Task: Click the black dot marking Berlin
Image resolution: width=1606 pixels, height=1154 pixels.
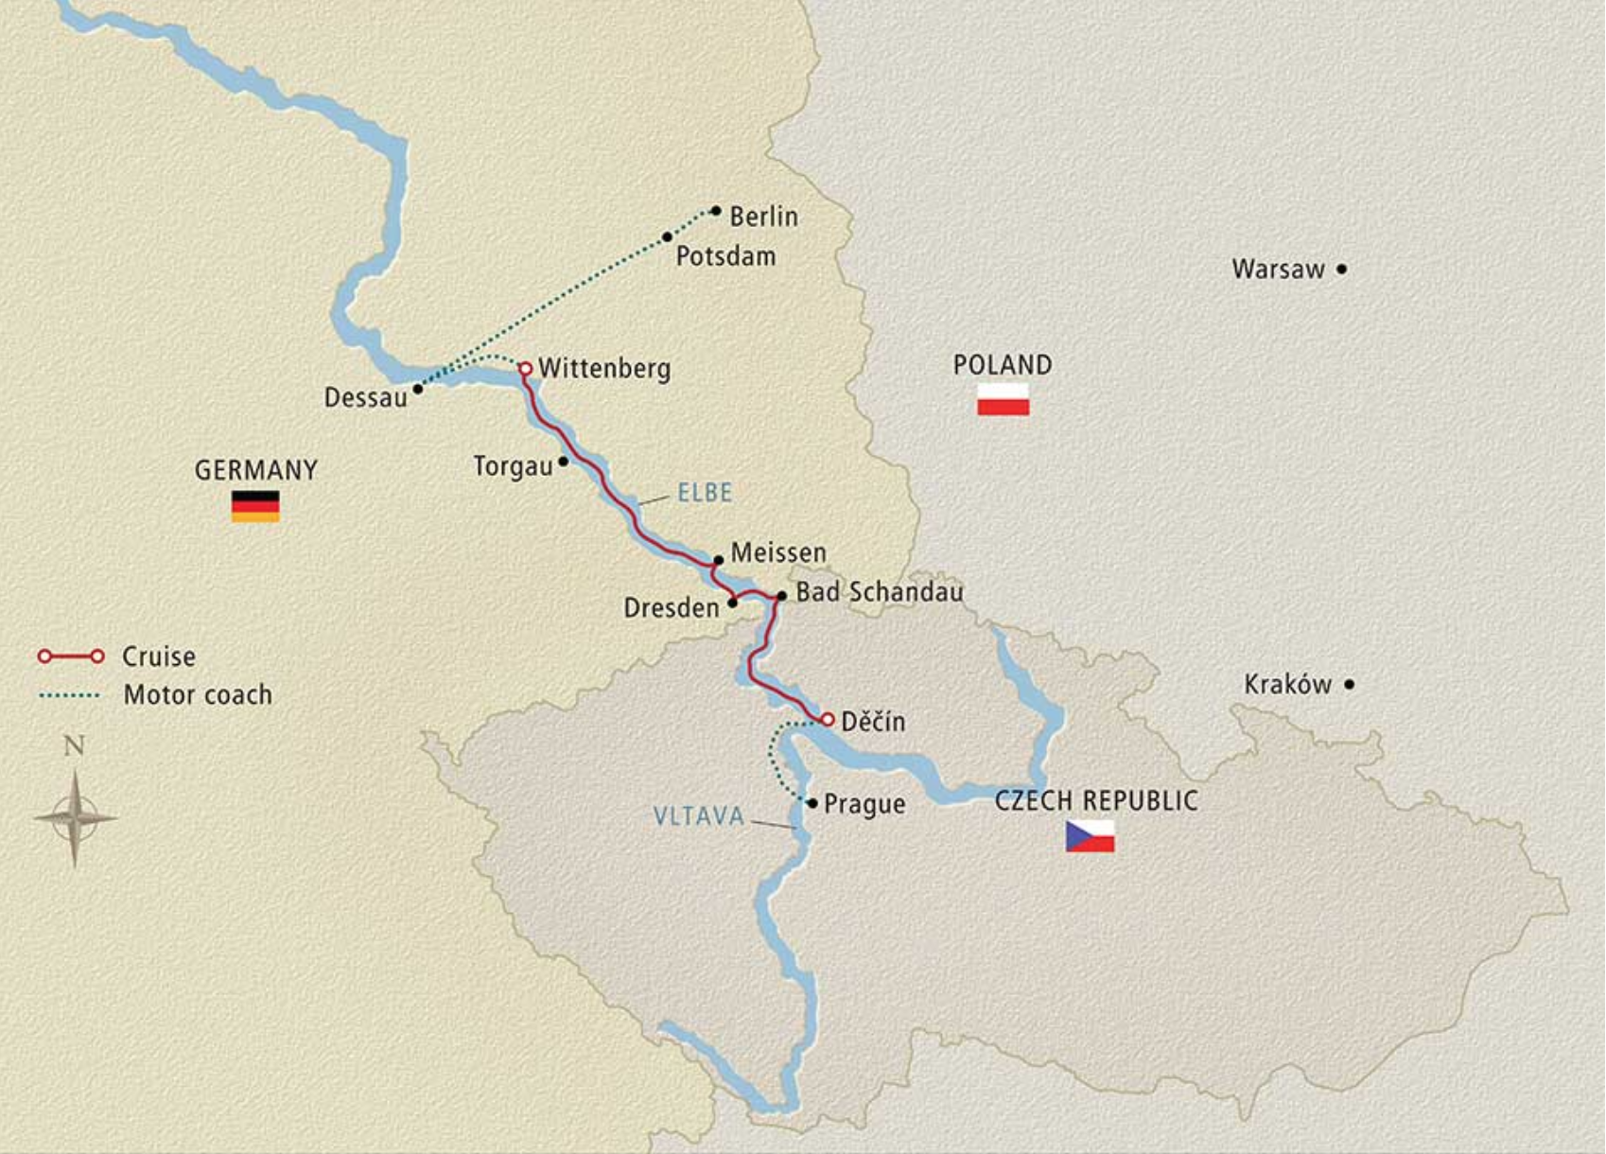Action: pyautogui.click(x=716, y=211)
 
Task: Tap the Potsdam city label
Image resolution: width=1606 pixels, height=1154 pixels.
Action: pyautogui.click(x=725, y=256)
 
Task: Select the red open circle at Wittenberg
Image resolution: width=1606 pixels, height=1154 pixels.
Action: pyautogui.click(x=525, y=368)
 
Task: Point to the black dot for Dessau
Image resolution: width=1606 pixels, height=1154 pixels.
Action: pyautogui.click(x=417, y=389)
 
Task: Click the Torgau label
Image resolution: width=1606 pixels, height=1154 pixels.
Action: pyautogui.click(x=513, y=466)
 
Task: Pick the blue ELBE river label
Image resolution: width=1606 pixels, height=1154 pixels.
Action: pyautogui.click(x=705, y=493)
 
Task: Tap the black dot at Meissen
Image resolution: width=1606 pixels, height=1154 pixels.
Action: pyautogui.click(x=719, y=560)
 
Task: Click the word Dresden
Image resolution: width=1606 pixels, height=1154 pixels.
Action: pyautogui.click(x=672, y=608)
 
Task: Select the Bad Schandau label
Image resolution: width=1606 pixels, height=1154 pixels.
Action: pyautogui.click(x=880, y=592)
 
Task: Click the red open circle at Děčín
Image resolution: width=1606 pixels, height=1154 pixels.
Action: pyautogui.click(x=828, y=720)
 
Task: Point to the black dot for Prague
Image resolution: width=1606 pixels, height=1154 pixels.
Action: pyautogui.click(x=812, y=803)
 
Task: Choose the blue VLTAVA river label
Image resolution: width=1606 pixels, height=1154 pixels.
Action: pyautogui.click(x=699, y=816)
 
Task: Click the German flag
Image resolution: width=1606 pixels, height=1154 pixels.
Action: pyautogui.click(x=255, y=506)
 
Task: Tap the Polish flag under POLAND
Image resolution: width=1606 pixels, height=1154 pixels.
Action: pyautogui.click(x=1003, y=399)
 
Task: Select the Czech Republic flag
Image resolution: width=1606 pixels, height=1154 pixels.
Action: pyautogui.click(x=1090, y=836)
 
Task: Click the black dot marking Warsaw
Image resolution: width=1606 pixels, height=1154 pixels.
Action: pyautogui.click(x=1341, y=270)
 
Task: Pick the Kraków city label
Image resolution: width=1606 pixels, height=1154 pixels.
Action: pyautogui.click(x=1287, y=685)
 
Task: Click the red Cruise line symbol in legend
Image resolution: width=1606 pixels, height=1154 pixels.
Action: pyautogui.click(x=71, y=656)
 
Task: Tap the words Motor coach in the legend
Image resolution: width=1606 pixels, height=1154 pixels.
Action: pyautogui.click(x=198, y=695)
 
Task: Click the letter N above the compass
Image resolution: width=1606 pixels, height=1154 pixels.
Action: pyautogui.click(x=74, y=746)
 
